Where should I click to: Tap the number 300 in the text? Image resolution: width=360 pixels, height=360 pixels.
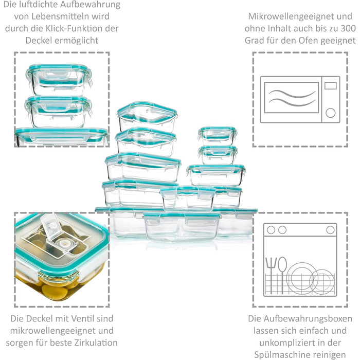348,28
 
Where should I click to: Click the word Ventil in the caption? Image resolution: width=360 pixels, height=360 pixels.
83,318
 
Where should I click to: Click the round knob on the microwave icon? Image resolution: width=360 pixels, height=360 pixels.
330,113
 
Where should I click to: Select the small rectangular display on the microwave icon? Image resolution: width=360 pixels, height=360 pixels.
330,86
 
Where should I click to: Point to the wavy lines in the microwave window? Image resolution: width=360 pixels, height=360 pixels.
292,98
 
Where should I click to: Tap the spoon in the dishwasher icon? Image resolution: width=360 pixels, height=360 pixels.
282,274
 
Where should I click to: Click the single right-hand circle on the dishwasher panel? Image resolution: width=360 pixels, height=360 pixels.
330,230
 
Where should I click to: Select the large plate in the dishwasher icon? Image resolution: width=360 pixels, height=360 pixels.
301,278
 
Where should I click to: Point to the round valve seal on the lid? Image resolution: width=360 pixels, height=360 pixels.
62,242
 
